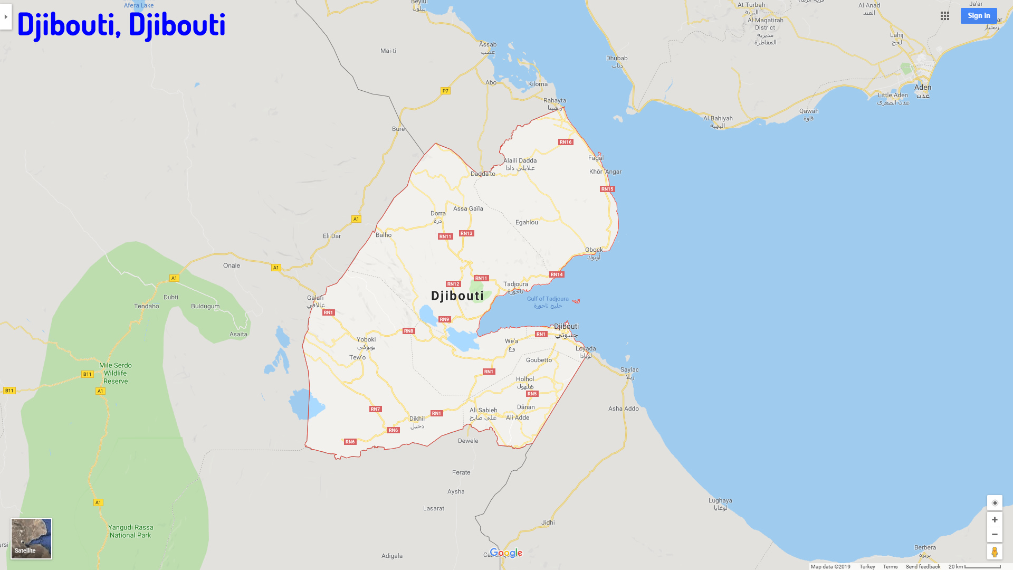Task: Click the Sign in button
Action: click(978, 16)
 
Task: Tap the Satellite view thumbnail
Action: click(32, 538)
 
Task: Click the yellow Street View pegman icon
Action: click(995, 552)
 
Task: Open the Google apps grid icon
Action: click(945, 16)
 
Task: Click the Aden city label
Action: click(923, 88)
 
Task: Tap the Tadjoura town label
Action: click(515, 284)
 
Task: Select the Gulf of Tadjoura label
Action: click(548, 299)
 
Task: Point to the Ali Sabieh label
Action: click(483, 411)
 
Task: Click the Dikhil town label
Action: click(417, 419)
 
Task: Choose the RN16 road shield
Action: click(566, 142)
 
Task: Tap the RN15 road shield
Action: click(607, 189)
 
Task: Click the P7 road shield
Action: click(445, 91)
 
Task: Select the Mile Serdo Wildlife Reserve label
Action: click(116, 373)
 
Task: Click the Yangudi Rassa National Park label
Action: click(130, 531)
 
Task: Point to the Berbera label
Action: click(925, 548)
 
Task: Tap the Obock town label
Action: click(594, 250)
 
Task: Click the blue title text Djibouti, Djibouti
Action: click(121, 24)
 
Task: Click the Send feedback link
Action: click(923, 566)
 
